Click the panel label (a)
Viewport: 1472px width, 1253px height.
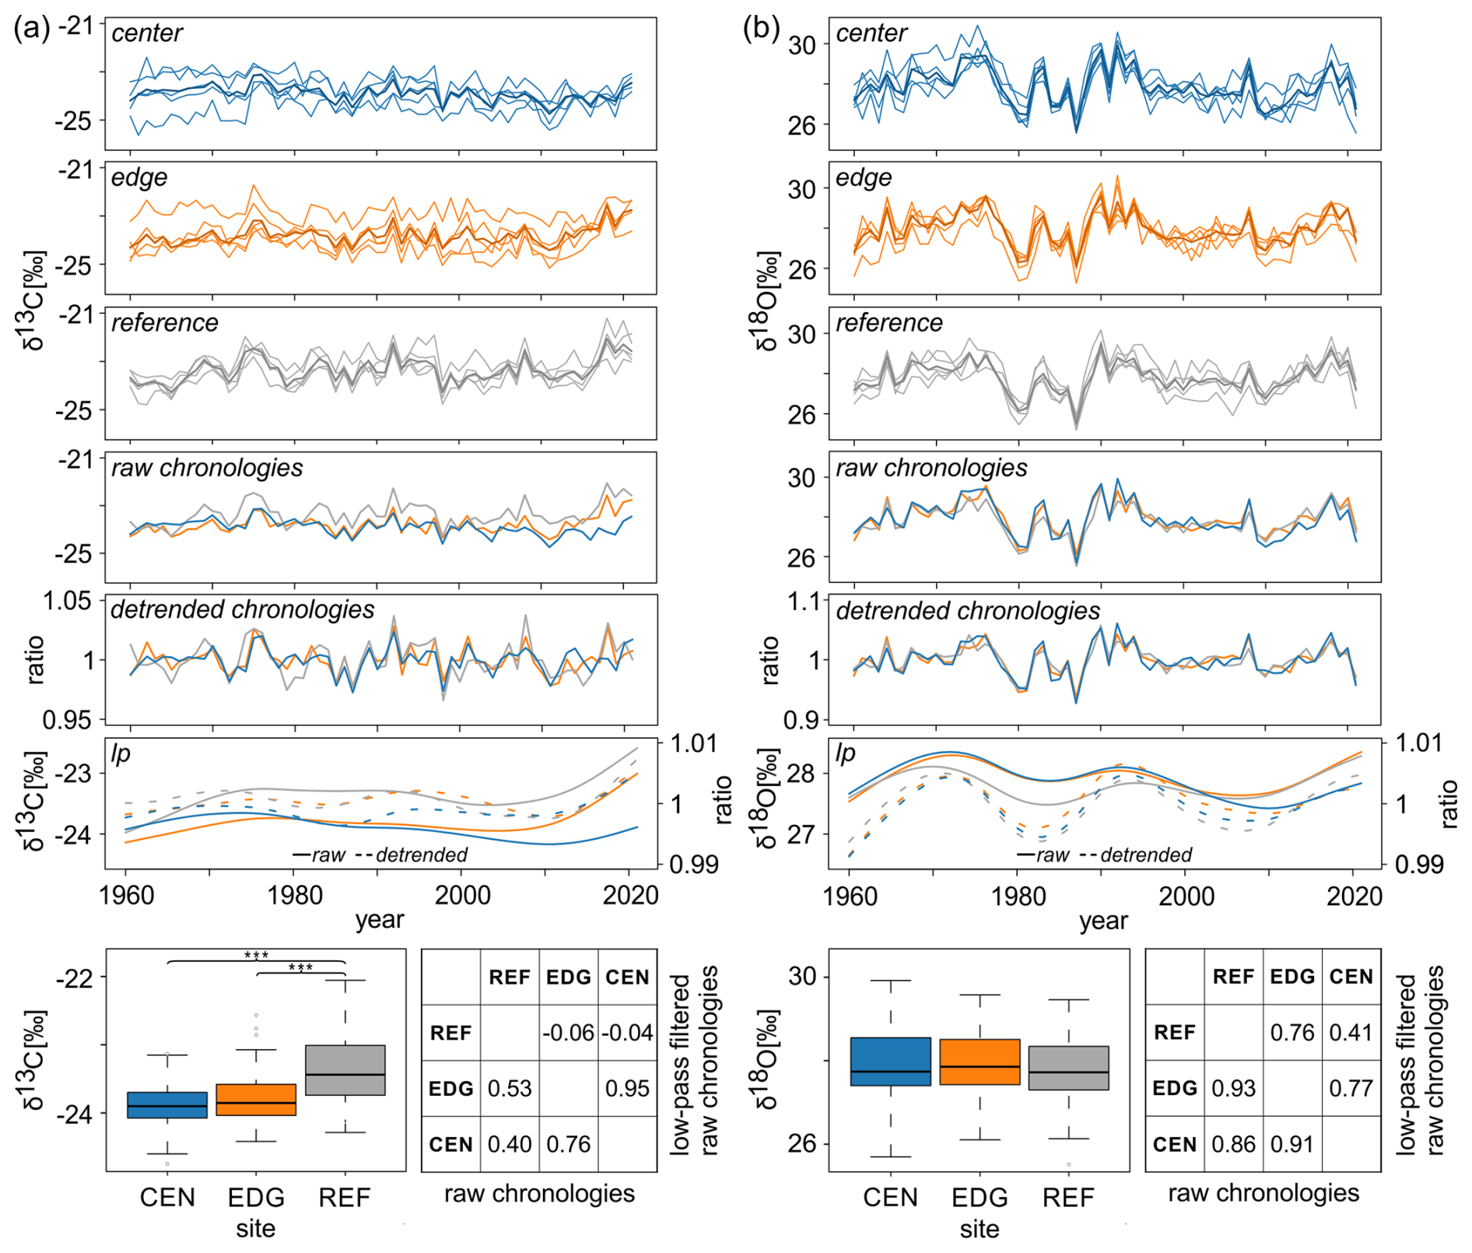pyautogui.click(x=31, y=29)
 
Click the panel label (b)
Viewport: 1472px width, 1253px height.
pyautogui.click(x=760, y=29)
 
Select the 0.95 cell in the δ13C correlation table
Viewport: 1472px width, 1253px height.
pyautogui.click(x=627, y=1088)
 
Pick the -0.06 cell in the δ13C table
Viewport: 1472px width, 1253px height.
pyautogui.click(x=568, y=1033)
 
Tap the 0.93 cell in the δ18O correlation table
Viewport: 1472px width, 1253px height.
pyautogui.click(x=1233, y=1088)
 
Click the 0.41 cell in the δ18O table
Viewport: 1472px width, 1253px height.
pyautogui.click(x=1351, y=1033)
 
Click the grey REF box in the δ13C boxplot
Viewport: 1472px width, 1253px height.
pyautogui.click(x=345, y=1070)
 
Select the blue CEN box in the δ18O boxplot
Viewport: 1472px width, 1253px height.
pyautogui.click(x=890, y=1061)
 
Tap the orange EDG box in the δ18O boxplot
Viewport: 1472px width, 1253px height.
pyautogui.click(x=980, y=1062)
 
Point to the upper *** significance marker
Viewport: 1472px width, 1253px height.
pyautogui.click(x=256, y=955)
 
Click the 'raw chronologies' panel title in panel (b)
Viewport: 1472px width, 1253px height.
pyautogui.click(x=931, y=468)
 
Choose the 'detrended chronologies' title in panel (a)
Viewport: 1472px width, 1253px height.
pyautogui.click(x=242, y=609)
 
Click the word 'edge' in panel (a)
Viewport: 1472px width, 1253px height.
pyautogui.click(x=139, y=177)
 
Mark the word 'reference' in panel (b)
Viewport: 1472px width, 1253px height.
pyautogui.click(x=888, y=322)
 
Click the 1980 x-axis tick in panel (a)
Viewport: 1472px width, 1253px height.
pyautogui.click(x=295, y=895)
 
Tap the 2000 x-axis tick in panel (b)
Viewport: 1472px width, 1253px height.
pyautogui.click(x=1186, y=895)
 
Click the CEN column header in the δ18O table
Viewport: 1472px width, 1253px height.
pyautogui.click(x=1351, y=977)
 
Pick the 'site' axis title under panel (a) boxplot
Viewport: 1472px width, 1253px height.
pyautogui.click(x=256, y=1228)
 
